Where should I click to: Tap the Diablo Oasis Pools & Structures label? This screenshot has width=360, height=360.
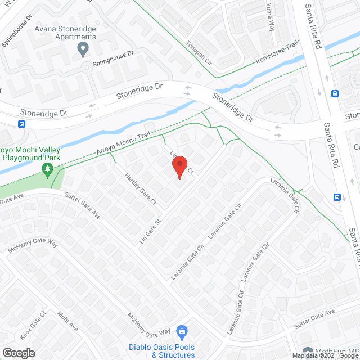pyautogui.click(x=161, y=350)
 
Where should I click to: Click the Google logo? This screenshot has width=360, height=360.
pyautogui.click(x=18, y=353)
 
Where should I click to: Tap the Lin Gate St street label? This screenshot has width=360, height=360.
pyautogui.click(x=150, y=231)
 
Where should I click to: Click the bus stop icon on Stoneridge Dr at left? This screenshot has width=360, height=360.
pyautogui.click(x=22, y=124)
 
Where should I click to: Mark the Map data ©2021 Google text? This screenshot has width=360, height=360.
pyautogui.click(x=325, y=355)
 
